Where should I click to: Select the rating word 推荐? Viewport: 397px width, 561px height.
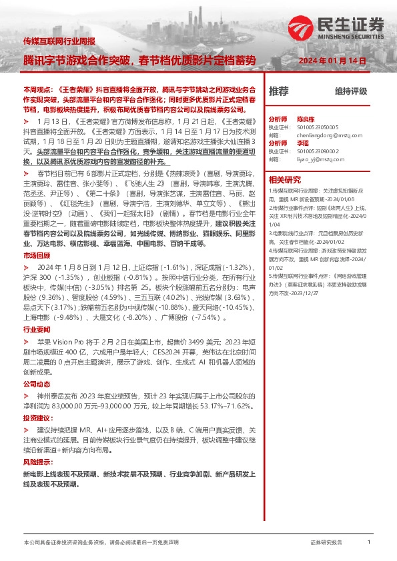pos(278,91)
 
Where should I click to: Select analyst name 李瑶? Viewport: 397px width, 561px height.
pos(302,143)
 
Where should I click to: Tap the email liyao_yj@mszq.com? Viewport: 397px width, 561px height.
pos(316,159)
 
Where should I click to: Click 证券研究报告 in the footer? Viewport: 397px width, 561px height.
pos(326,543)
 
